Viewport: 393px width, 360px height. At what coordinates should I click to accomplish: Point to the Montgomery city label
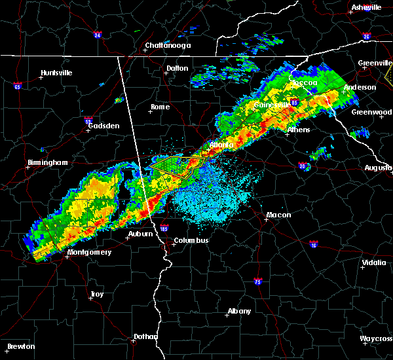point(90,252)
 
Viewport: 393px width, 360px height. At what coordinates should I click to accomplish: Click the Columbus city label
point(191,240)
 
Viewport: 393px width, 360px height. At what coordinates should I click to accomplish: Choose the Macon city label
point(278,215)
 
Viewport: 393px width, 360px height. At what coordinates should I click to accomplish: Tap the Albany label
point(238,311)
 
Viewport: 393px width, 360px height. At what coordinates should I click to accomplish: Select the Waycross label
point(376,338)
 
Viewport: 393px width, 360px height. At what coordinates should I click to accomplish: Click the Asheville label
point(366,7)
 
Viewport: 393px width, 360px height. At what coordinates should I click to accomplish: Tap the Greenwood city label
point(371,112)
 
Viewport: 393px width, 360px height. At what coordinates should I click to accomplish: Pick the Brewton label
point(22,346)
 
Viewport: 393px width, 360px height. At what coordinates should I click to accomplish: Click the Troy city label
point(97,294)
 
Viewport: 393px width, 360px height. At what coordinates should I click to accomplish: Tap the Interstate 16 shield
point(314,244)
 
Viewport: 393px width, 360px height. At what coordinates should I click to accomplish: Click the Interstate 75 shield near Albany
point(257,281)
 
